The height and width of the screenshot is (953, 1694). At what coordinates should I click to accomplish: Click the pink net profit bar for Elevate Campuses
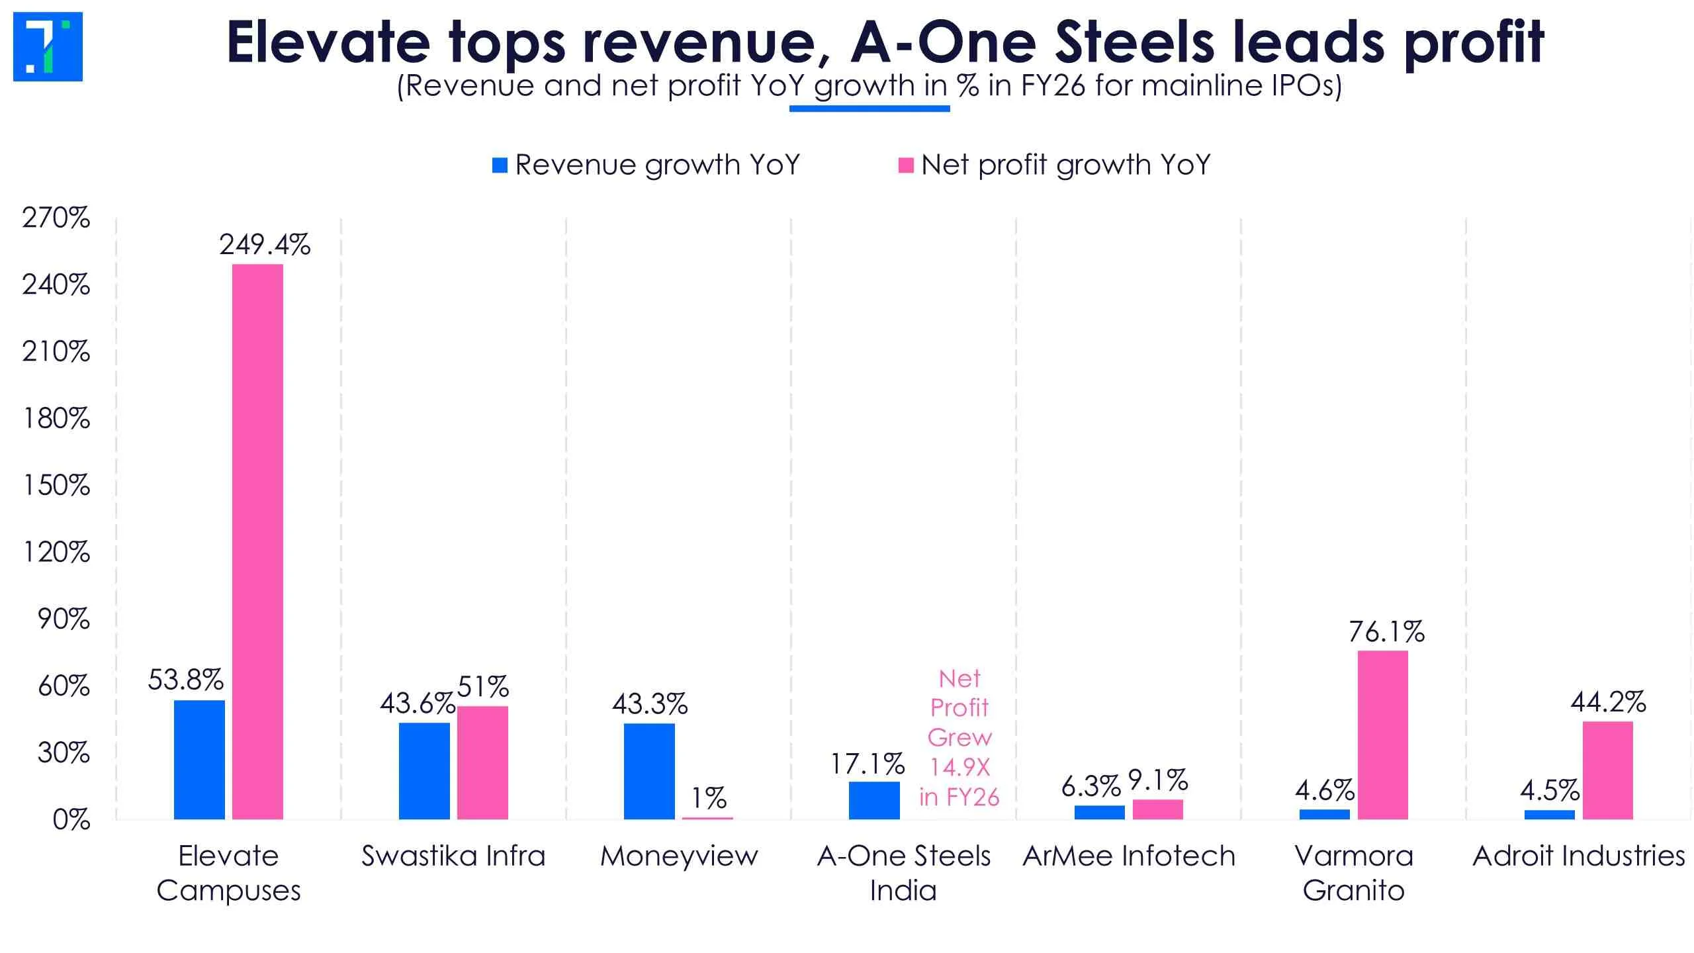click(257, 541)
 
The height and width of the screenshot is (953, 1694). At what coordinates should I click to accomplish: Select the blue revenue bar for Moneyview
click(649, 771)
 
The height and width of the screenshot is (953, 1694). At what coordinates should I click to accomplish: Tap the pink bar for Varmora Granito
click(1382, 735)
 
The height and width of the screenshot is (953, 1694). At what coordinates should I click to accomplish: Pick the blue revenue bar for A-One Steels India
click(874, 800)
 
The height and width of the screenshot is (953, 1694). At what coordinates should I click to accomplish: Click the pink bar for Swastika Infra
click(482, 762)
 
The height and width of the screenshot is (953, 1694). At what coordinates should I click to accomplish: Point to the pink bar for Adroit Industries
click(1607, 770)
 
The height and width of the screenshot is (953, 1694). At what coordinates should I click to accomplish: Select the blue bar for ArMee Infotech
click(1099, 812)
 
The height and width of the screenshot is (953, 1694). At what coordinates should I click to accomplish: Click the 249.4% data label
click(265, 245)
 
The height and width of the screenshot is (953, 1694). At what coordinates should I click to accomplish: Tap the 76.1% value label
click(1387, 632)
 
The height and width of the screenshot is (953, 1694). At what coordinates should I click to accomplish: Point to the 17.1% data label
click(868, 764)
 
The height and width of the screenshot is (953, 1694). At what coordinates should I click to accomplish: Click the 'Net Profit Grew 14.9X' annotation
click(959, 737)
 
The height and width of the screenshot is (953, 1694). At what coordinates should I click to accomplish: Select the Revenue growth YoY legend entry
click(646, 165)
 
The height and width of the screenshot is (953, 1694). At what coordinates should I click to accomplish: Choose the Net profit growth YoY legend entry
click(1054, 165)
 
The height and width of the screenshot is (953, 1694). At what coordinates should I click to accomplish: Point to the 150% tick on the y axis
click(56, 486)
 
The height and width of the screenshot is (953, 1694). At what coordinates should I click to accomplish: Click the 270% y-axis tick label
click(56, 218)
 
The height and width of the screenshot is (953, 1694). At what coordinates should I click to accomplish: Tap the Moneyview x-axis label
click(679, 856)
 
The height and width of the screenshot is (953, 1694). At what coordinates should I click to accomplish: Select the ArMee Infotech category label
click(1129, 856)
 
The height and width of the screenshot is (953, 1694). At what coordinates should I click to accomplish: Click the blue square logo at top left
click(48, 46)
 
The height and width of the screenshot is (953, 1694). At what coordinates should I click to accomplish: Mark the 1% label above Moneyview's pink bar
click(709, 798)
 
